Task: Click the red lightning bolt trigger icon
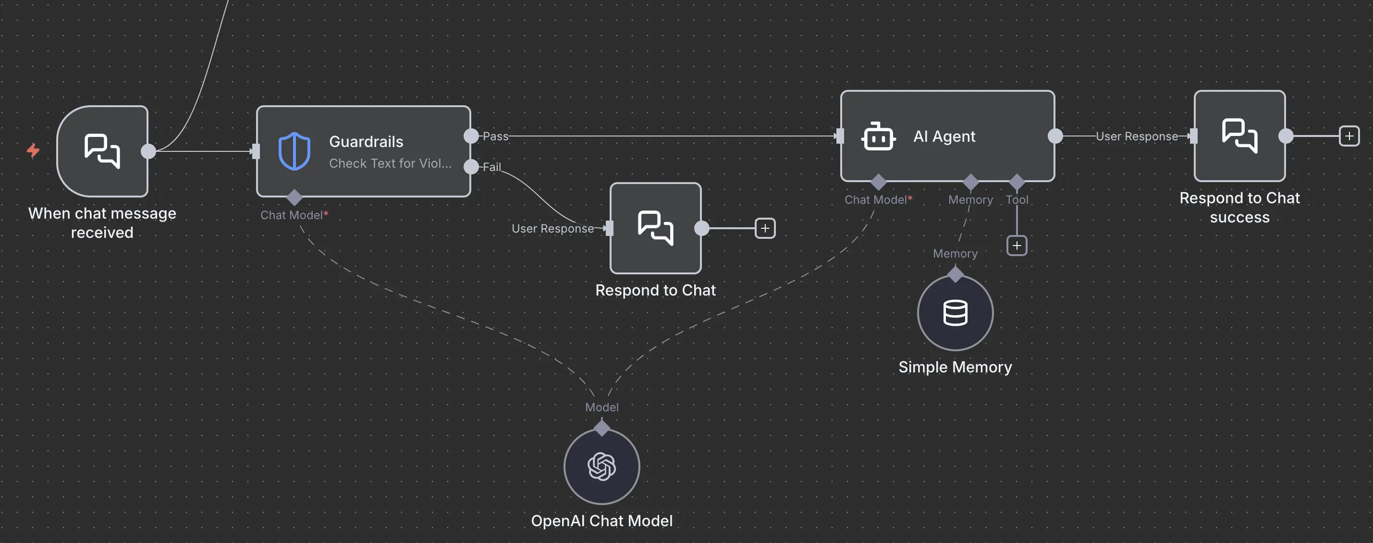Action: [33, 150]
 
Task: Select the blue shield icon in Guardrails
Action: [294, 151]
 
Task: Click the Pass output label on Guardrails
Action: [495, 136]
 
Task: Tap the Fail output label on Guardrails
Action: [491, 167]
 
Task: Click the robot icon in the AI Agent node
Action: [878, 136]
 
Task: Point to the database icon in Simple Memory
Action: [955, 313]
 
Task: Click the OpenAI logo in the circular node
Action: [602, 467]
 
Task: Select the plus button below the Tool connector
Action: [1017, 246]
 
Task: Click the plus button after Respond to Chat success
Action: [1349, 136]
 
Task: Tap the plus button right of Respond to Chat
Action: [765, 229]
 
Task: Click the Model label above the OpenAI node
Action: [602, 407]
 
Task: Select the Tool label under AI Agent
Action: [1017, 200]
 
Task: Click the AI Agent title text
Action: [944, 136]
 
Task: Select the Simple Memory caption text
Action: [955, 367]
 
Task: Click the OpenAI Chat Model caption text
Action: [602, 520]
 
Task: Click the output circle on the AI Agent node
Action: [1055, 136]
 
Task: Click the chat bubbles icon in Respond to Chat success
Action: [1239, 136]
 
